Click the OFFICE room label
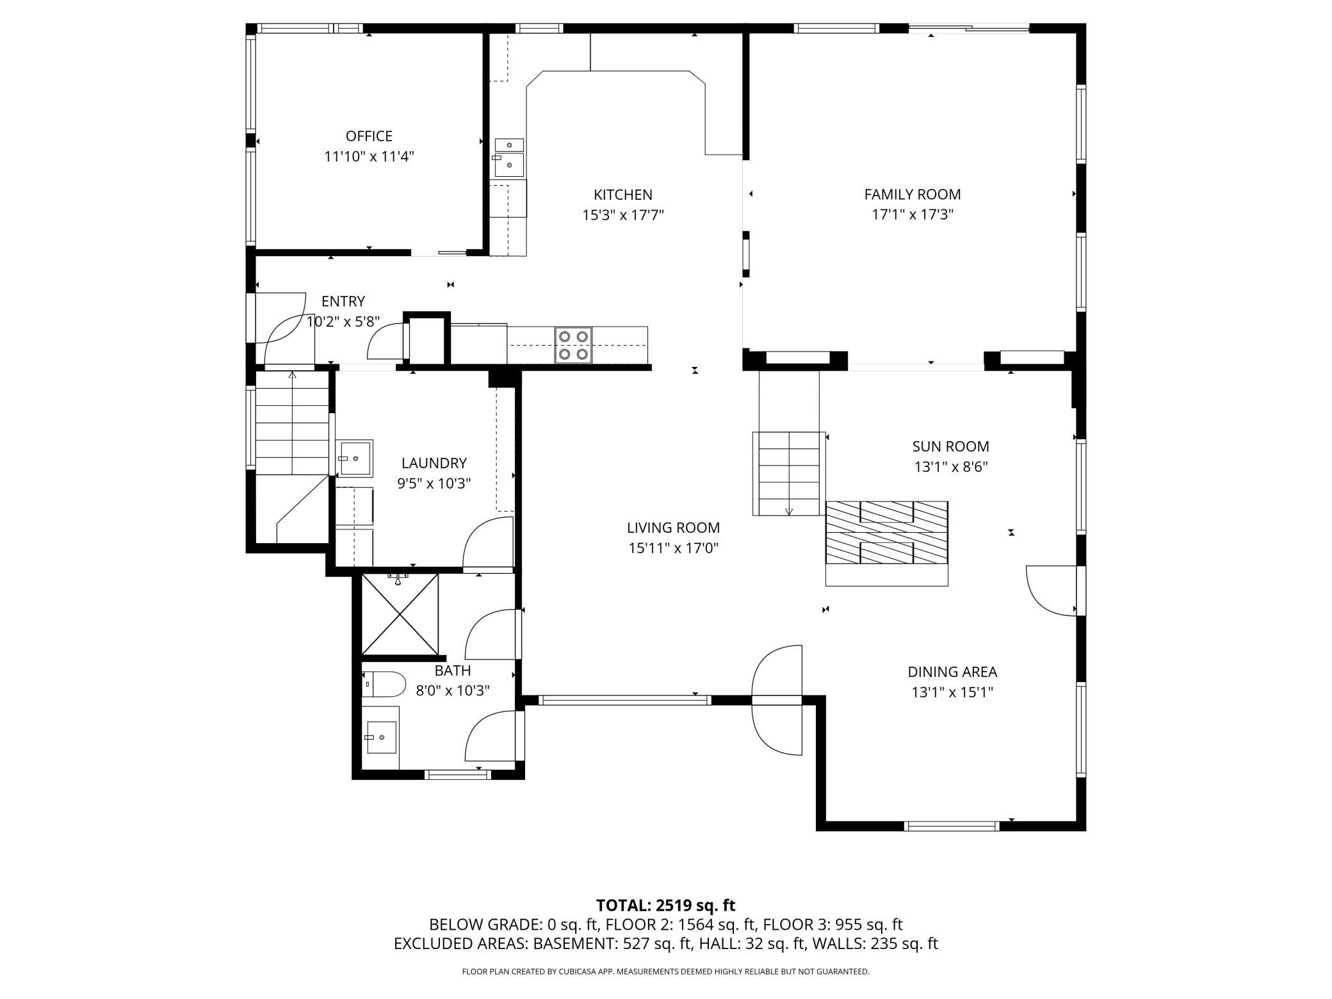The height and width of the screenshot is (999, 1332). point(369,136)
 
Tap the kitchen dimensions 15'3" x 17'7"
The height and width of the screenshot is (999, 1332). point(622,215)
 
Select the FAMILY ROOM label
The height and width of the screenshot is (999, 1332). point(913,194)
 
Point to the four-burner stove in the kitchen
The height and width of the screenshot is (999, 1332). point(573,345)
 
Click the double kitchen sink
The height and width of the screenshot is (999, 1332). point(508,158)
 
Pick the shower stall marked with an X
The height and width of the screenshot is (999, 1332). point(400,614)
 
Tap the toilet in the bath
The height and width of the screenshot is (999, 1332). point(384,685)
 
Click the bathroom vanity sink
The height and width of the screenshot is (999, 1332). point(380,737)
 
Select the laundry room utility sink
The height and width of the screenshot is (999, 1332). point(355,459)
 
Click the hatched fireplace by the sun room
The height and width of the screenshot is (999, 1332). point(886,533)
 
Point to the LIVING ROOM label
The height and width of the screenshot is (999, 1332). point(673,528)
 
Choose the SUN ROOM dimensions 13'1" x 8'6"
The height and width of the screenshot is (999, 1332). point(951,467)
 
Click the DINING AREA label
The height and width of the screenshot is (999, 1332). point(952,672)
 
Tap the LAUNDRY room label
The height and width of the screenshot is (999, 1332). point(434,463)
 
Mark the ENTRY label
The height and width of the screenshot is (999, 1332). point(343,301)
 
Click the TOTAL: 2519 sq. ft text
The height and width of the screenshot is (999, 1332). point(666,906)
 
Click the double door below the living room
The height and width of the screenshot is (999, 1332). point(777,700)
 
